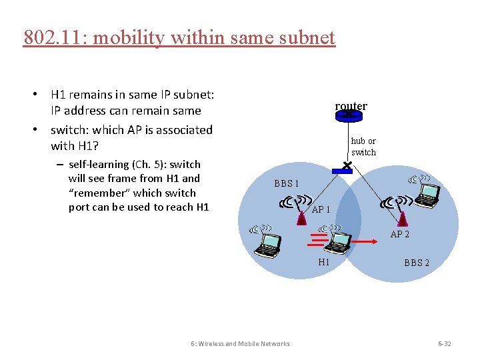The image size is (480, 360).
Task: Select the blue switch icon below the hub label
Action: click(341, 171)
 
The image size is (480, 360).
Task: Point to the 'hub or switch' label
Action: click(363, 147)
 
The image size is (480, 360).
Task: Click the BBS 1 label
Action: click(287, 183)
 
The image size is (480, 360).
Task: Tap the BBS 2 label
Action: click(417, 263)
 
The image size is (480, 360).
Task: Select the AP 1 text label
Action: click(321, 209)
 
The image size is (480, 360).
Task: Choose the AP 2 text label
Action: click(400, 234)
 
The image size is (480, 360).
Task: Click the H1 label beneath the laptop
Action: click(324, 262)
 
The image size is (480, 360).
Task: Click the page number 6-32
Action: click(444, 344)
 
